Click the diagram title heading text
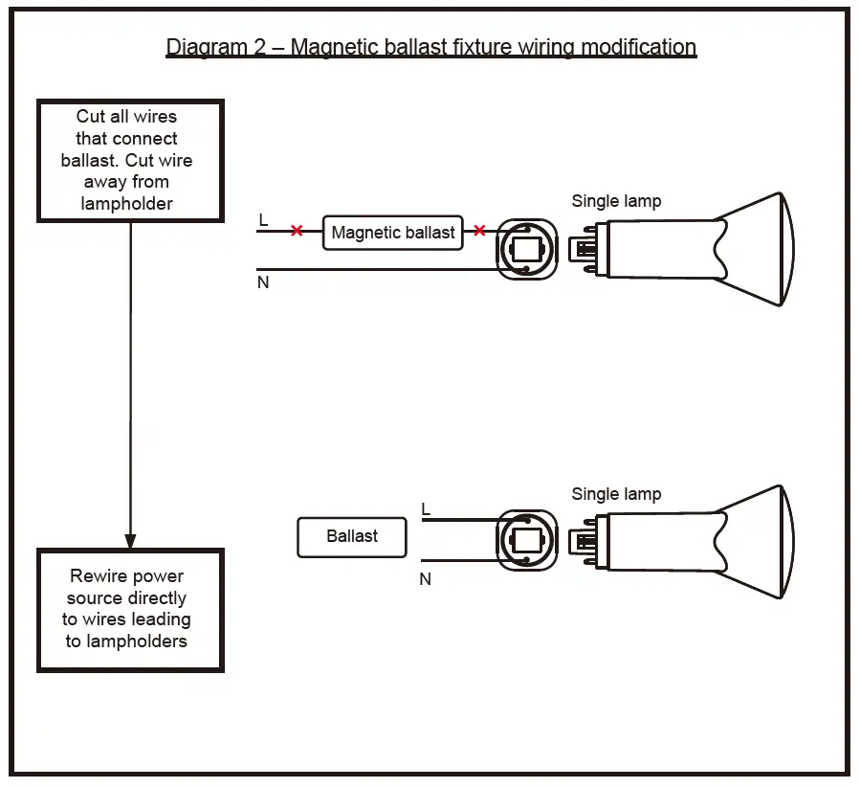(430, 47)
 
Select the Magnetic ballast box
(393, 233)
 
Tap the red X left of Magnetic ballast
(297, 231)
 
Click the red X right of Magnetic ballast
(479, 231)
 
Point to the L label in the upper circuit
(263, 220)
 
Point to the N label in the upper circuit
(263, 283)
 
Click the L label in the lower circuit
(426, 508)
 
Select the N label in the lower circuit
(426, 579)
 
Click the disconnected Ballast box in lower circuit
(352, 537)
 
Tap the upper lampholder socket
(526, 249)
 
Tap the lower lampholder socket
(526, 541)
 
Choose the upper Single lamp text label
(616, 201)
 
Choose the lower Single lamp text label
(616, 494)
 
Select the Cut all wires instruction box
(130, 161)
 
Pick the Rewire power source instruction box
(130, 610)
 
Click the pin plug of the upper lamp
(583, 250)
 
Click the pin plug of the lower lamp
(583, 542)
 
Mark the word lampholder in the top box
(127, 203)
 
